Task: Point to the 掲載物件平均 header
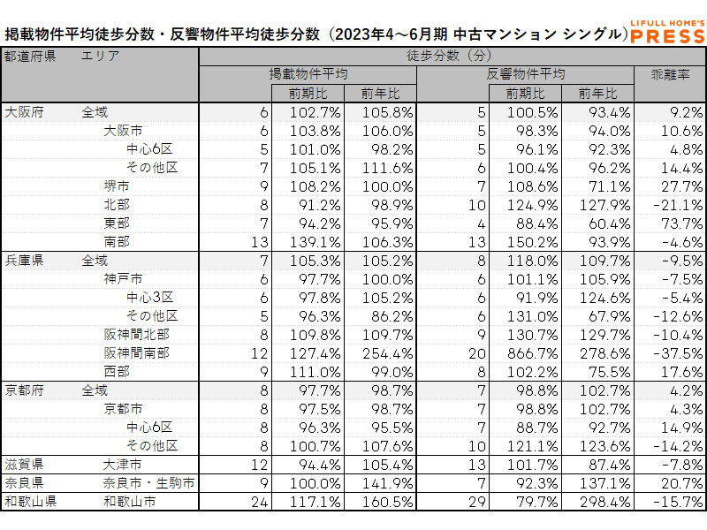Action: point(308,74)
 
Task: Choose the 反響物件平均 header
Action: point(526,74)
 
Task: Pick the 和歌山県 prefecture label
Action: point(30,502)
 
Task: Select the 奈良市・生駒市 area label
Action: point(148,483)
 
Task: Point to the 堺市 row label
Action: point(117,186)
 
